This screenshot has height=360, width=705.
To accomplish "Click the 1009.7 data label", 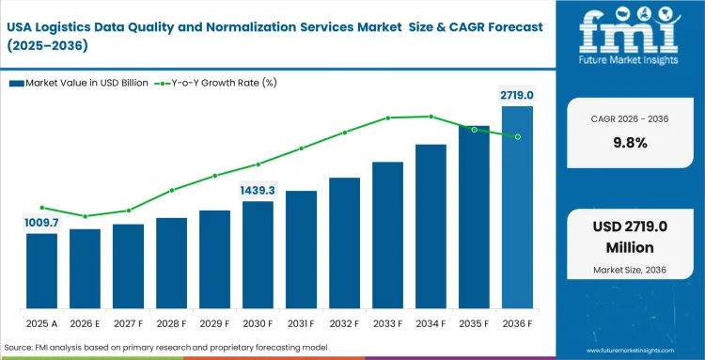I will click(x=41, y=223).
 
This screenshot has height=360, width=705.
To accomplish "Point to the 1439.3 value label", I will click(x=258, y=190).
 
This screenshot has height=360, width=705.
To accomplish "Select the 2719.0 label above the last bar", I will click(x=516, y=95).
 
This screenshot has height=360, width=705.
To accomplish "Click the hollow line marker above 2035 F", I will click(x=474, y=129).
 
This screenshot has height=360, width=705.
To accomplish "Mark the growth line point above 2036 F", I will click(x=517, y=136).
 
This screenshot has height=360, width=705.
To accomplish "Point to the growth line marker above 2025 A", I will click(x=41, y=208).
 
